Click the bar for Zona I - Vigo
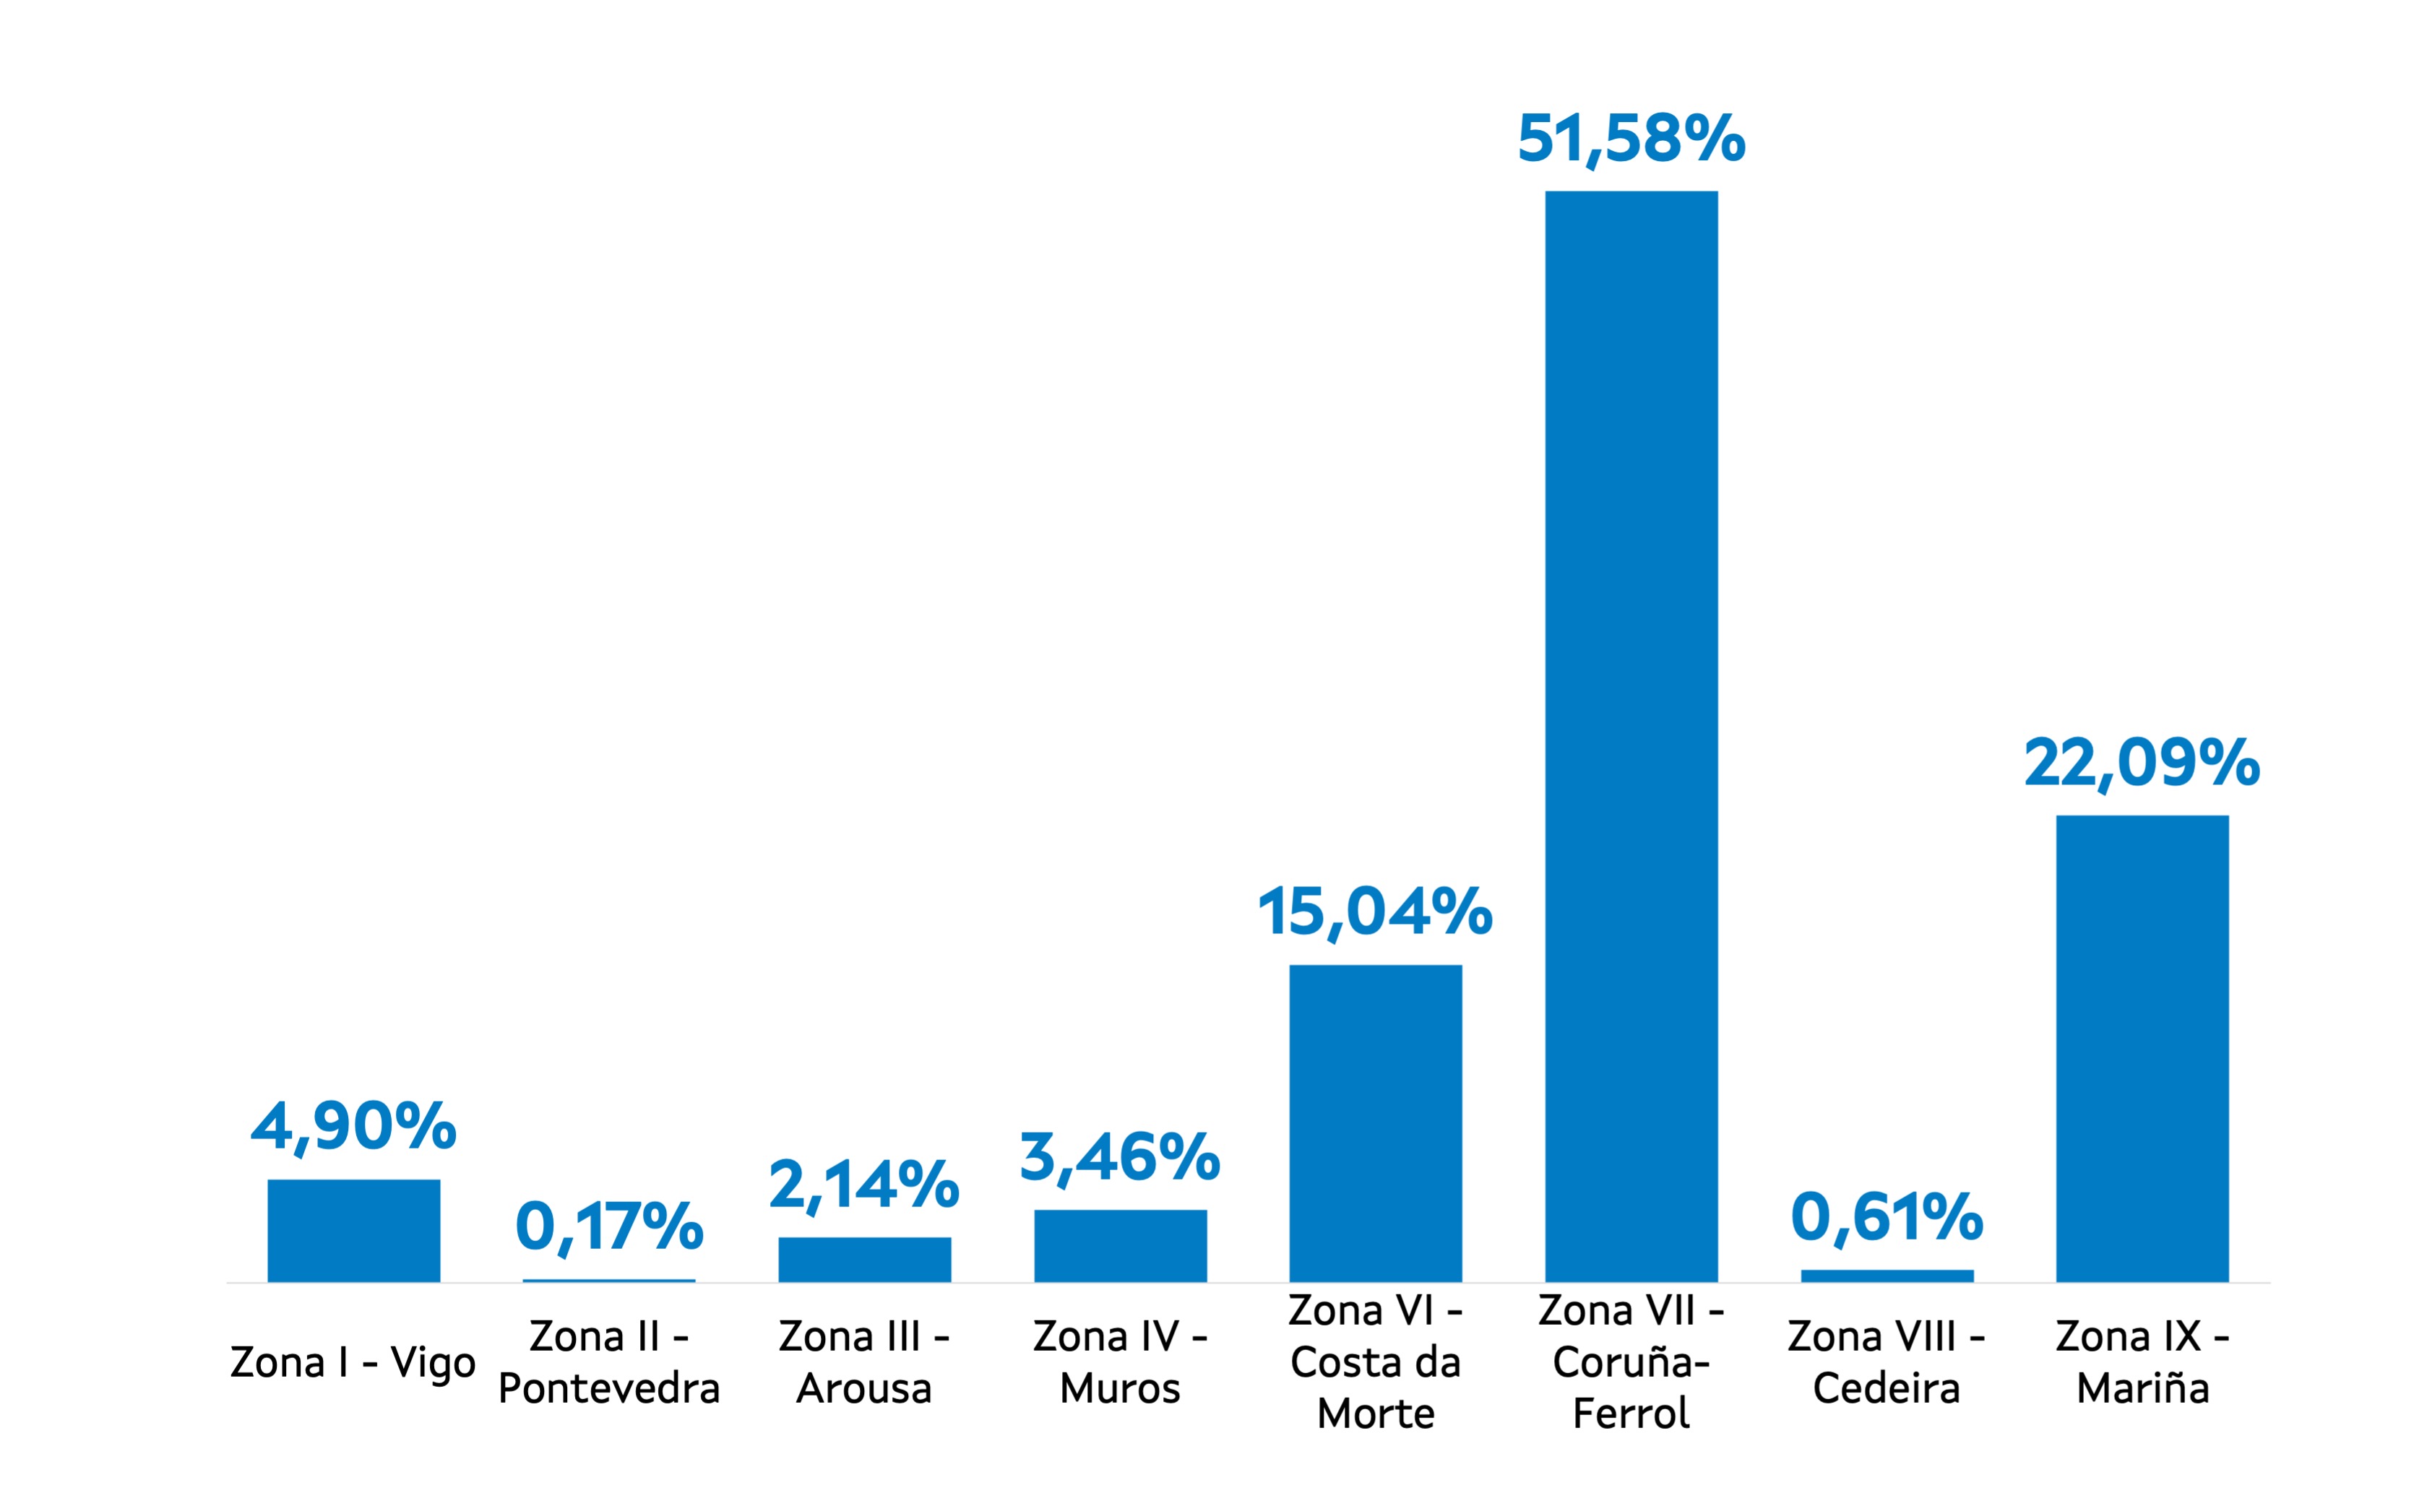coord(353,1230)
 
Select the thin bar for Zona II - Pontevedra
coord(608,1280)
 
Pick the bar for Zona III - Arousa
coord(865,1259)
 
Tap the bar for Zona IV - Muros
coord(1120,1245)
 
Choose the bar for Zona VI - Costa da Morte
coord(1375,1122)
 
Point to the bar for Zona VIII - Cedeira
coord(1887,1276)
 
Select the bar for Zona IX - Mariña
coord(2142,1048)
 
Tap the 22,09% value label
coord(2142,764)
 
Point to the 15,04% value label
coord(1375,912)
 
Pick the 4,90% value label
coord(353,1128)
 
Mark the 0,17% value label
coord(608,1226)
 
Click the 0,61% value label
coord(1887,1217)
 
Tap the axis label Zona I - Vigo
coord(353,1362)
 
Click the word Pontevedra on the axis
coord(608,1388)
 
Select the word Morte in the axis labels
coord(1375,1414)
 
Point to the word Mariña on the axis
coord(2142,1388)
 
